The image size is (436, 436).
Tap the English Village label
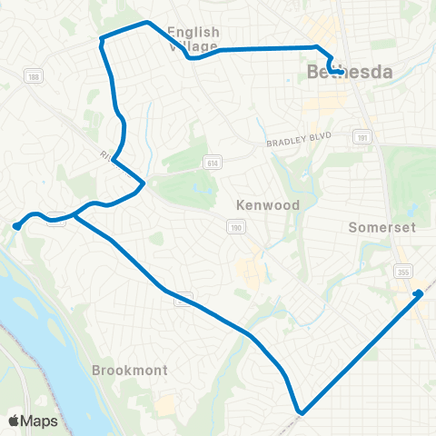(193, 38)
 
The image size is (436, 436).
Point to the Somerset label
(381, 227)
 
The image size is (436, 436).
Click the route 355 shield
(401, 271)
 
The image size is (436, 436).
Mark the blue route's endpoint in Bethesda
(337, 71)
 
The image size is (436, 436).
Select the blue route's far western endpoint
(16, 226)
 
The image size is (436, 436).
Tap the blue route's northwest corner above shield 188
(102, 39)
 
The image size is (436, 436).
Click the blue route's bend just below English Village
(191, 58)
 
